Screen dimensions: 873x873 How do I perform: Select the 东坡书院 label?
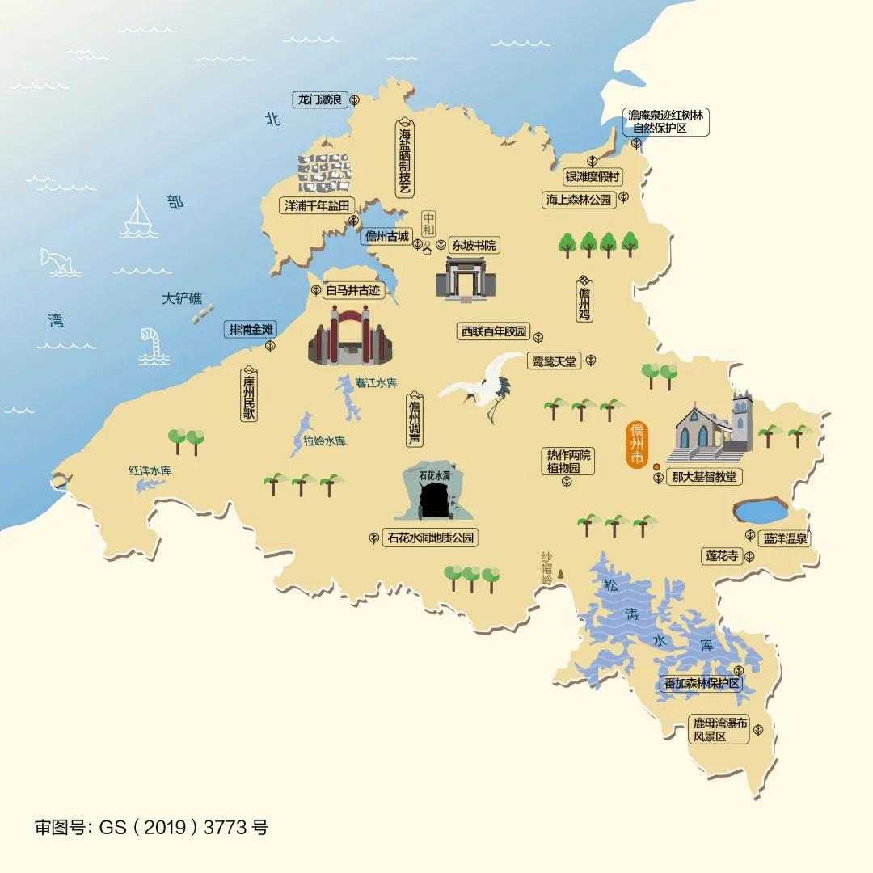pos(474,245)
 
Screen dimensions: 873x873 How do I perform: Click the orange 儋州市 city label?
pos(638,444)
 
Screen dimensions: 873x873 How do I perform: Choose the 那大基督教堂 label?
pos(704,477)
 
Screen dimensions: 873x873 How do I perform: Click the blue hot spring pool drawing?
pos(760,510)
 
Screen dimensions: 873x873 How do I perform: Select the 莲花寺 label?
pos(723,556)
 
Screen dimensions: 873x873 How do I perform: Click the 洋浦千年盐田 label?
pos(316,205)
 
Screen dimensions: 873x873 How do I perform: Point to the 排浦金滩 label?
pos(251,329)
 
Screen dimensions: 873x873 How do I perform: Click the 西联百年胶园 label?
pos(493,331)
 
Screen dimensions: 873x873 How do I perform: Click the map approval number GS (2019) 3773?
pos(151,827)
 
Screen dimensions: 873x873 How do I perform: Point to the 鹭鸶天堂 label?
pos(555,361)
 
